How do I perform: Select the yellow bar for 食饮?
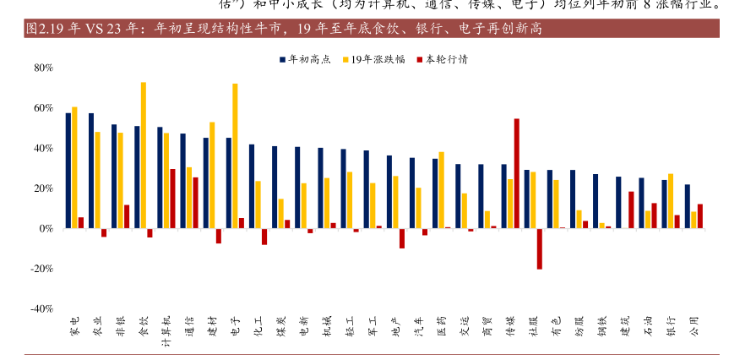coord(143,155)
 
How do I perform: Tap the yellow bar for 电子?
coord(235,155)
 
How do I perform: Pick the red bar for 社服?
coord(539,248)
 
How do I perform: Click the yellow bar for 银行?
coord(671,201)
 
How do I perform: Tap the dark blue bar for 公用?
coord(687,206)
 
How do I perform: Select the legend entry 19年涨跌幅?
coord(373,60)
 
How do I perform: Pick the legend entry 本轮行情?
coord(443,60)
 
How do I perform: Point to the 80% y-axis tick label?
coord(44,68)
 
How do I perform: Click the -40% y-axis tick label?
coord(42,308)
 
